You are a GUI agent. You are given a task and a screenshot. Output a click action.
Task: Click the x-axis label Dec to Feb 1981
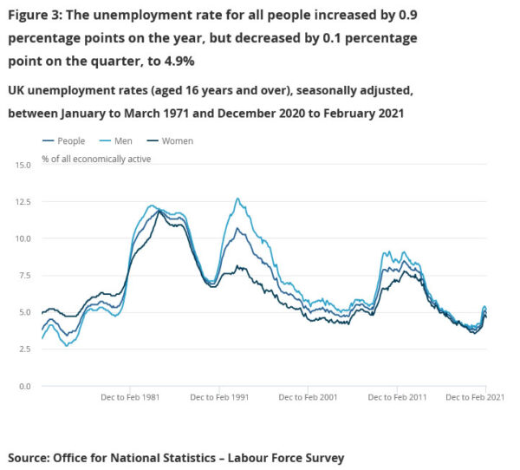(129, 396)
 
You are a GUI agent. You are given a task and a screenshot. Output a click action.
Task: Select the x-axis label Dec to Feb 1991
(220, 396)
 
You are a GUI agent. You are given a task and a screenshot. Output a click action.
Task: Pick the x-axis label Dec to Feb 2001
(309, 396)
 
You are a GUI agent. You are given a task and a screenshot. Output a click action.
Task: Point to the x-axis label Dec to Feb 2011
(398, 396)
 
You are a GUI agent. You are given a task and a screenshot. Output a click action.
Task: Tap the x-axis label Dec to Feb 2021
(476, 396)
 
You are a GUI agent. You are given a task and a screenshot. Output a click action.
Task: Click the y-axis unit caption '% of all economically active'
(95, 159)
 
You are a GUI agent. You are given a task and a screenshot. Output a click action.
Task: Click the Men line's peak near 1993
(237, 199)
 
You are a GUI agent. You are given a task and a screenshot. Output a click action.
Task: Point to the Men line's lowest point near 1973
(65, 345)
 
